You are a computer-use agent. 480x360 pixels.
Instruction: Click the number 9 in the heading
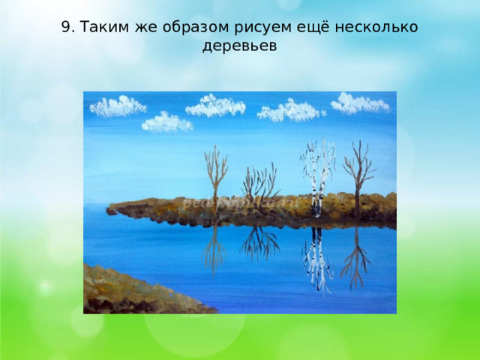[66, 27]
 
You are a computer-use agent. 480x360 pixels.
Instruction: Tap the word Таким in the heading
[103, 27]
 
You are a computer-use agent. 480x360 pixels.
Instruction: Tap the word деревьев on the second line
[240, 46]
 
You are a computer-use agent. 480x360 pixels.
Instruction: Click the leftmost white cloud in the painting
[118, 106]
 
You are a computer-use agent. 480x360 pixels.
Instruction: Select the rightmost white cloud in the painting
[360, 103]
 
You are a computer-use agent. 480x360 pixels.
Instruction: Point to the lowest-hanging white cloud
[166, 121]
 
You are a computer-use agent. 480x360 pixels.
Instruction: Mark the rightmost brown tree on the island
[358, 172]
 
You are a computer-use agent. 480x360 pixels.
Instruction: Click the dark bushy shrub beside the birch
[259, 184]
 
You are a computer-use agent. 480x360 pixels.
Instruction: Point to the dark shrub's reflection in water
[259, 241]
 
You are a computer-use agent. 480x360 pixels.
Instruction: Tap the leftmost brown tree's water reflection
[214, 247]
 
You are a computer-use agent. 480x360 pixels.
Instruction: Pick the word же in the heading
[141, 27]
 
